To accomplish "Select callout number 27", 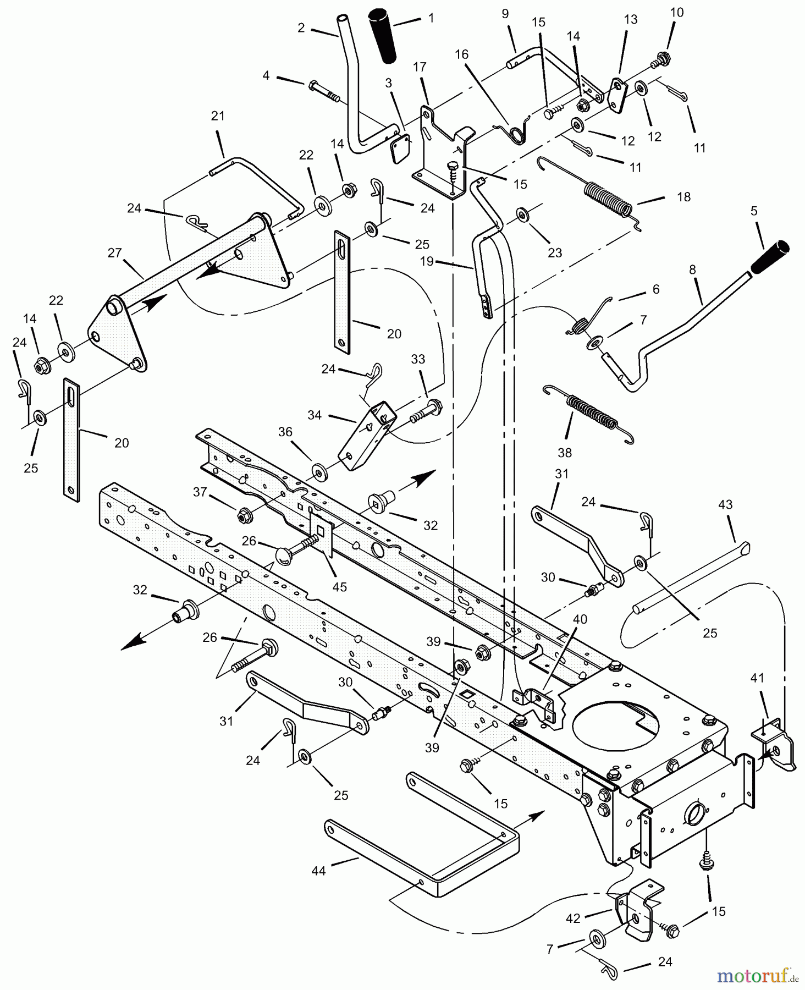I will (114, 254).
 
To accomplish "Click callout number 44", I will (319, 871).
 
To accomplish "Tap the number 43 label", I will (725, 504).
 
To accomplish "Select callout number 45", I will (340, 587).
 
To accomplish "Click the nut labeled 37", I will (241, 516).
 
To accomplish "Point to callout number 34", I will (315, 415).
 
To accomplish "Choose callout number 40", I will (580, 619).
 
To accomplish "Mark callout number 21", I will (218, 116).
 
